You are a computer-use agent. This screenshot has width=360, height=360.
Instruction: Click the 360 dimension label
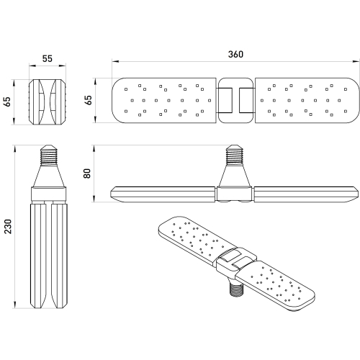235,54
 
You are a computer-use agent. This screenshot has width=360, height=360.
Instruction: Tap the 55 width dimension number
48,58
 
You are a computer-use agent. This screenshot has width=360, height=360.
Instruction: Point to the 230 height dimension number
8,227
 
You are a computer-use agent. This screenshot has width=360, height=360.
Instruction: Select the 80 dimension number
87,174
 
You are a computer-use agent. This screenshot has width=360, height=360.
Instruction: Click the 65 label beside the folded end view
8,102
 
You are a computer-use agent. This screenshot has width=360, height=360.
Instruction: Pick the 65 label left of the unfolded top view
89,100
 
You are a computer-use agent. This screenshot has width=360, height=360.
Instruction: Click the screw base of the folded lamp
48,155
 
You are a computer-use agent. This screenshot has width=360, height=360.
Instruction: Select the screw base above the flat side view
235,155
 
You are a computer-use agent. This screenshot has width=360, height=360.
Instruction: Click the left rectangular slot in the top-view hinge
225,101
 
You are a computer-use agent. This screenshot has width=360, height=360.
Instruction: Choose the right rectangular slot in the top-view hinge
247,101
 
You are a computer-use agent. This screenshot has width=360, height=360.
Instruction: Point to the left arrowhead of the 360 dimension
115,61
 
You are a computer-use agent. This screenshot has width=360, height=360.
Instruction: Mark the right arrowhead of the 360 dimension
356,61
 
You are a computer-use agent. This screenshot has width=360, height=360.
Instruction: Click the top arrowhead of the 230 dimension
15,148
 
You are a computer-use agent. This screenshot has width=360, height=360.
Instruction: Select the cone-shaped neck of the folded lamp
48,176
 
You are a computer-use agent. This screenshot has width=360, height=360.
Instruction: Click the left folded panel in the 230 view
38,256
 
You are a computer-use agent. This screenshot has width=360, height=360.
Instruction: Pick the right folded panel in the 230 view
60,256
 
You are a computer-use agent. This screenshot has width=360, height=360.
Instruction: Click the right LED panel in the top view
307,101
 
